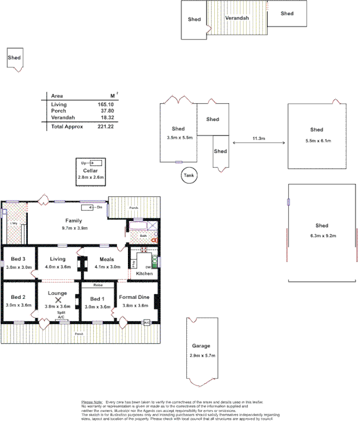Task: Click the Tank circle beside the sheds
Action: [x=189, y=176]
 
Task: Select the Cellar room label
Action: [x=91, y=171]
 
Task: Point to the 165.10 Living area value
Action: [x=106, y=105]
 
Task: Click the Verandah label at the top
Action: [x=237, y=18]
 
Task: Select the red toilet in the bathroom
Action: [x=154, y=239]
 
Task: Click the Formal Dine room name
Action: [x=135, y=297]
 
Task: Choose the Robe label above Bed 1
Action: [x=97, y=285]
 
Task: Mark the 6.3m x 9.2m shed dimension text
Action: [x=322, y=235]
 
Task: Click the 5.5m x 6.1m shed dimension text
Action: [x=317, y=141]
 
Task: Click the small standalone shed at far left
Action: [x=14, y=57]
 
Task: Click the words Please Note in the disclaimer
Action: [x=92, y=402]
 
